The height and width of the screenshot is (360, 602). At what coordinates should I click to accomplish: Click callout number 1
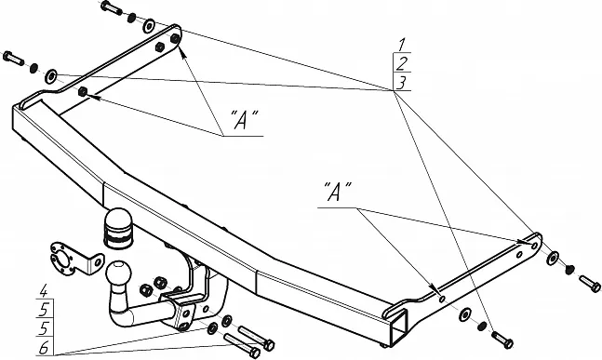pos(402,45)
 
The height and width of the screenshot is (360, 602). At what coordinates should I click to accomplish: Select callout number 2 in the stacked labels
pos(402,63)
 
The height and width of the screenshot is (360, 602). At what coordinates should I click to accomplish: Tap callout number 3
pos(402,83)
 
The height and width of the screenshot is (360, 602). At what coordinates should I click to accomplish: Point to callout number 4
pos(44,291)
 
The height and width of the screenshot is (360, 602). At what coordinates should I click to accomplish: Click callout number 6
pos(44,348)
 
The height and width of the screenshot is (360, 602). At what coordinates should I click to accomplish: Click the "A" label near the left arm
pos(244,119)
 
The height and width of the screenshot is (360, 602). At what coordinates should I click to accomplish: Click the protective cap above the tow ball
pos(118,228)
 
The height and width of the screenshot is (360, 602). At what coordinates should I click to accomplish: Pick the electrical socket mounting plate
pos(73,259)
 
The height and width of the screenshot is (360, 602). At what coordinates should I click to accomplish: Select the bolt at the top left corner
pos(112,7)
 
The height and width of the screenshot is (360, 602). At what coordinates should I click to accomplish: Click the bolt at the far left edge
pos(13,58)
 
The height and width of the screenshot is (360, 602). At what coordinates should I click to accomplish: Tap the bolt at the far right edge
pos(590,284)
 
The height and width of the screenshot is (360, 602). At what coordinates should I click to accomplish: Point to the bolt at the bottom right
pos(502,340)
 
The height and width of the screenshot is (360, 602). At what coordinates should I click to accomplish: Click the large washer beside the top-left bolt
pos(149,26)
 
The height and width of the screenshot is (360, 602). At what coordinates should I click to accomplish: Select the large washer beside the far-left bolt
pos(50,76)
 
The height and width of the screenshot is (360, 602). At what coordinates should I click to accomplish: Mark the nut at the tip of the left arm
pos(175,38)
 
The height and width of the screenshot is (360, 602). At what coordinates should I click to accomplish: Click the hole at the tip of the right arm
pos(534,245)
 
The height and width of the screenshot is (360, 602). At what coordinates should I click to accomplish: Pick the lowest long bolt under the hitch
pos(242,345)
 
